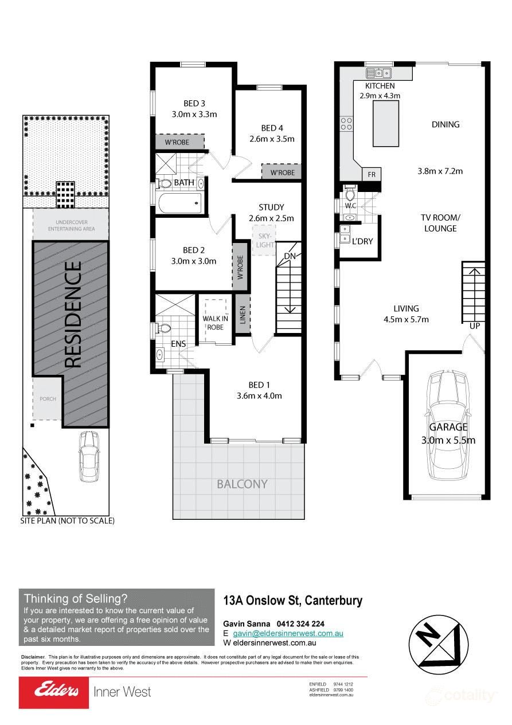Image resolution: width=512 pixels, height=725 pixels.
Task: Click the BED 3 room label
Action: pos(194,103)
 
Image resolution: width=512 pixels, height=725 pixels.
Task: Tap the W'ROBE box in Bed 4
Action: pos(282,172)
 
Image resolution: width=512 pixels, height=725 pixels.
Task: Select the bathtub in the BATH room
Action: pos(179,202)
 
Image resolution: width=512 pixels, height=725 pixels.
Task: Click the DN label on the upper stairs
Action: pos(290,256)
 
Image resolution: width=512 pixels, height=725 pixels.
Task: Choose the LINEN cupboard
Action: pos(243,315)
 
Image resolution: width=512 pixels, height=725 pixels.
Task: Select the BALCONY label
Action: pos(242,484)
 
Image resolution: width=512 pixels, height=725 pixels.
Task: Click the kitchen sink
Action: pos(378,73)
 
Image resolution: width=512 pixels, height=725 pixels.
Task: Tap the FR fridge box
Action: pos(372,174)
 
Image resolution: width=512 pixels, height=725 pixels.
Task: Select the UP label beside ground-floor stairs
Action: pos(474,326)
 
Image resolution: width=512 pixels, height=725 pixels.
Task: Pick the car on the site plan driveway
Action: pos(90,457)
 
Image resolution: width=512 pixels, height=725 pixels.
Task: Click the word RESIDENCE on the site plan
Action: pos(73,315)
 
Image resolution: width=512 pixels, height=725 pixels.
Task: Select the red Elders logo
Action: pos(54,692)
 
